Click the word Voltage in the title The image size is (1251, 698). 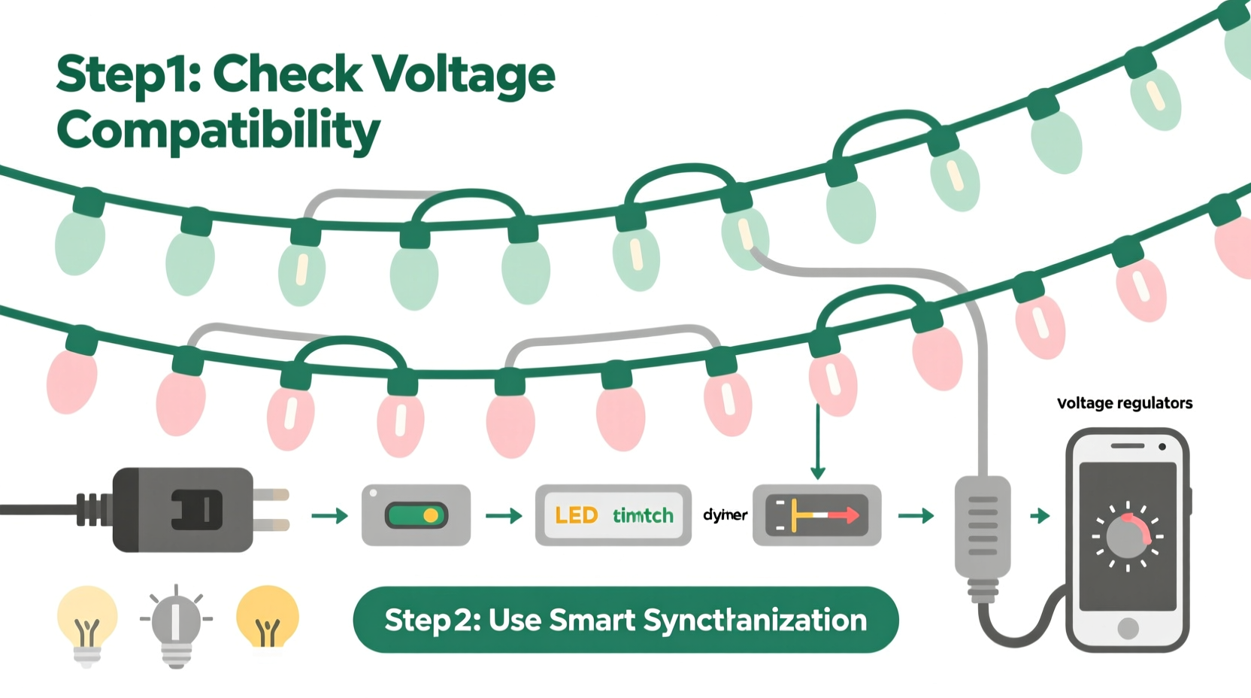coord(462,75)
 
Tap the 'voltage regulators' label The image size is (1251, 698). coord(1124,403)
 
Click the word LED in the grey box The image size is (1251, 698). coord(576,515)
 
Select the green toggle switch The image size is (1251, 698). coord(416,515)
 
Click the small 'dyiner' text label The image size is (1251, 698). coord(725,515)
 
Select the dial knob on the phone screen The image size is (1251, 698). coord(1125,538)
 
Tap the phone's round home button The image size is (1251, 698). coord(1128,628)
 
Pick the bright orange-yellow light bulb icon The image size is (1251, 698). coord(267,618)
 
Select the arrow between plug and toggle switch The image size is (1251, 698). coord(329,516)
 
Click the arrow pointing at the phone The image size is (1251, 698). coord(1040,516)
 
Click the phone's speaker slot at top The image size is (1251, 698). coord(1127,446)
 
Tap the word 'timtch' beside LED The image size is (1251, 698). coord(643,515)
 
